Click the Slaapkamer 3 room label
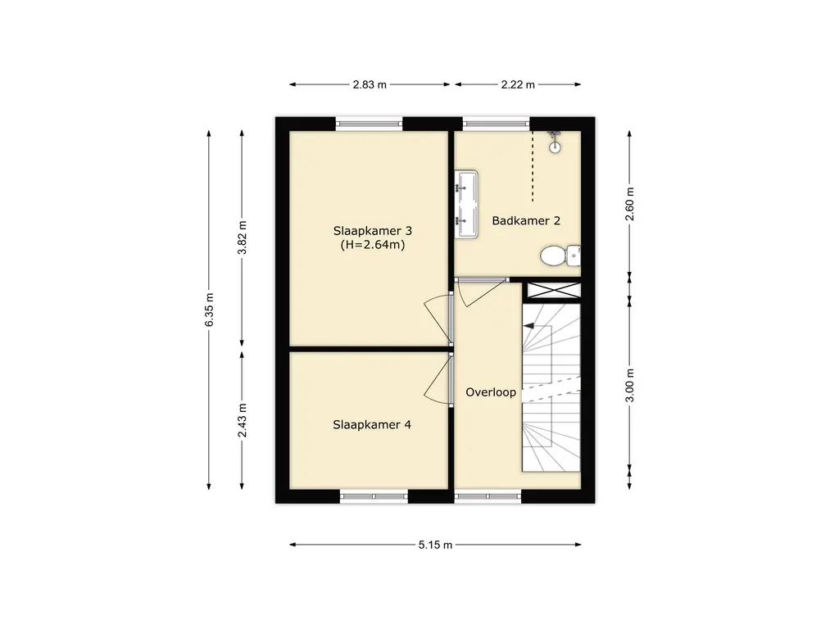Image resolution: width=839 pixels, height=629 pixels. tap(373, 231)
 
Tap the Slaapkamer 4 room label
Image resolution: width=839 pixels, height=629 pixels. tap(372, 425)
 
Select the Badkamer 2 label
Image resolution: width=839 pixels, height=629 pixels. tap(526, 220)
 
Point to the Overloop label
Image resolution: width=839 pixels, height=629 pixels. tap(491, 392)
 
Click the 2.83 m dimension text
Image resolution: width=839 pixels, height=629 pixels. tap(370, 84)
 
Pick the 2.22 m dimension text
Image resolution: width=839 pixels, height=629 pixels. tap(518, 84)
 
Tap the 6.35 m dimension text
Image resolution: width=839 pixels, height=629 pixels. tap(209, 310)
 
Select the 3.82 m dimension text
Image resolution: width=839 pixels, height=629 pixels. tap(243, 238)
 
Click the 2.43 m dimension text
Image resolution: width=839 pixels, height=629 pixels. tap(243, 420)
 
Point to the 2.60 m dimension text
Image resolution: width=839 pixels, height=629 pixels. tap(630, 203)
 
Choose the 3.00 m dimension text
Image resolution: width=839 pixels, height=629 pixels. tap(630, 385)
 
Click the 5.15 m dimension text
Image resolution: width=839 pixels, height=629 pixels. tap(436, 545)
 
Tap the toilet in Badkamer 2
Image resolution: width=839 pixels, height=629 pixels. tap(560, 256)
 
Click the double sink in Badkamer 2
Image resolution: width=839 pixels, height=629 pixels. tap(466, 204)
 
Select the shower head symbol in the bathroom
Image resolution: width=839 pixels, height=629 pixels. tap(555, 143)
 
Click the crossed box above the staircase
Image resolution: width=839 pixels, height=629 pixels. tap(554, 291)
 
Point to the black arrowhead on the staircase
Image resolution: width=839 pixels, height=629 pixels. tap(529, 325)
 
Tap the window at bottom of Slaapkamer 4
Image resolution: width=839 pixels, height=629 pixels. tap(374, 496)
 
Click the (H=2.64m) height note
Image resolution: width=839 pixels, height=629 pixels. tap(373, 245)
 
